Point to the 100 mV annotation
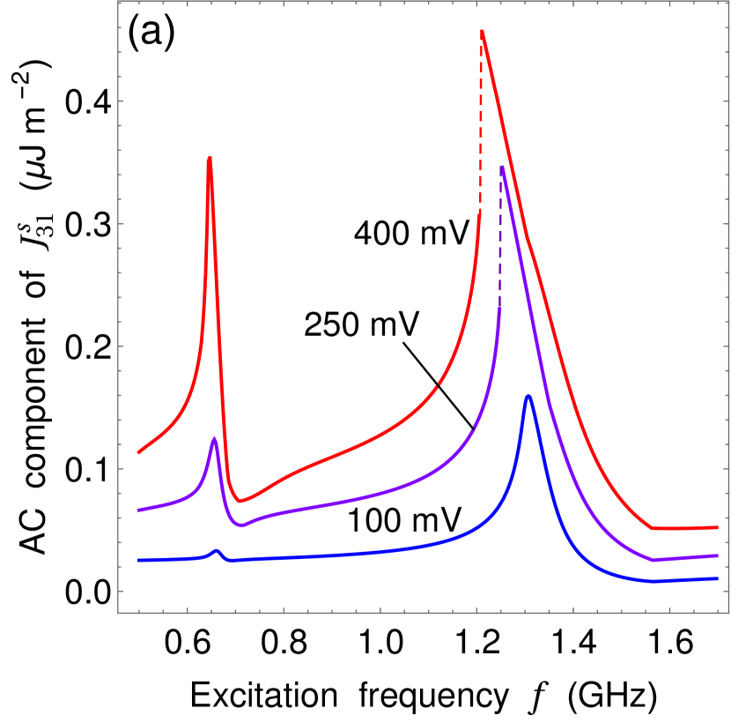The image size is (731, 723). (x=404, y=520)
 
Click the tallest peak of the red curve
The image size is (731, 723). (x=482, y=31)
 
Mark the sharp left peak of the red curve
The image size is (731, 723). (x=209, y=158)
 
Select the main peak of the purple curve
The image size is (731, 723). (x=502, y=167)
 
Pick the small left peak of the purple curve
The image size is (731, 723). (x=214, y=438)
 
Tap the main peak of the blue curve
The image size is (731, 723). (x=528, y=395)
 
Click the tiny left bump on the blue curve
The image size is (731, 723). (x=218, y=550)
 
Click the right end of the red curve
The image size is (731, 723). (x=717, y=527)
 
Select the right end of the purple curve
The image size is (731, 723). (x=717, y=555)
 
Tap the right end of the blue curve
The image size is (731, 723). (x=717, y=578)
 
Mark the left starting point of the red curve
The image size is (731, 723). (x=138, y=453)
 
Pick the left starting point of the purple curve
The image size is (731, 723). (x=138, y=511)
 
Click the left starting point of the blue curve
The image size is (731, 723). (x=138, y=560)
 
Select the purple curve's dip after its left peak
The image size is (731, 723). (x=243, y=525)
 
